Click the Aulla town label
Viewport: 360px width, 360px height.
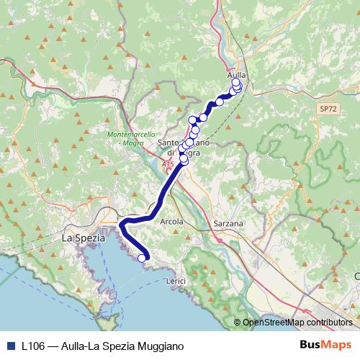(x=236, y=75)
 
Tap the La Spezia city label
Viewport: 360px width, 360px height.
(x=84, y=238)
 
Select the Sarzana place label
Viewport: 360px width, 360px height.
(x=229, y=224)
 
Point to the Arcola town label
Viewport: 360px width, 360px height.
(x=172, y=221)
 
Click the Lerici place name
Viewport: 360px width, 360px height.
(x=176, y=280)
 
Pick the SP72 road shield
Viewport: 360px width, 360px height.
(x=328, y=107)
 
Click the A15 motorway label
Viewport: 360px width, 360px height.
(x=168, y=166)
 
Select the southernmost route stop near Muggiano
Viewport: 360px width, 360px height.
(x=142, y=258)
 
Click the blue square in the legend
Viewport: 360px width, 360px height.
(x=11, y=346)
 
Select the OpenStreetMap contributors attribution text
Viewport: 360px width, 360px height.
(x=297, y=323)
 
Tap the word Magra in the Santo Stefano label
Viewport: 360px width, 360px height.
(x=187, y=152)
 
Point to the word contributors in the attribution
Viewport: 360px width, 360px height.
(x=328, y=323)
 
